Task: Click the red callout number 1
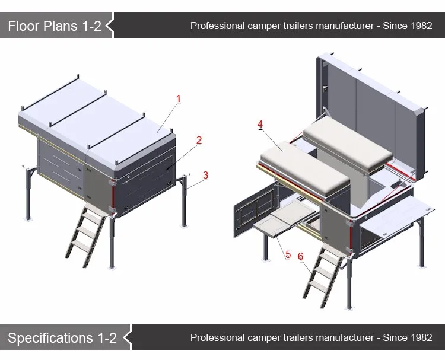tap(178, 100)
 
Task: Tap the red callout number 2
tap(199, 141)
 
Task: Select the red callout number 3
tap(205, 175)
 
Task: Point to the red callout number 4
tap(260, 124)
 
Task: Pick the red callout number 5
tap(288, 254)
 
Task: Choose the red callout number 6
tap(301, 257)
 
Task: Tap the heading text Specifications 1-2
tap(62, 338)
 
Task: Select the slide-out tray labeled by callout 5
tap(279, 219)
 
